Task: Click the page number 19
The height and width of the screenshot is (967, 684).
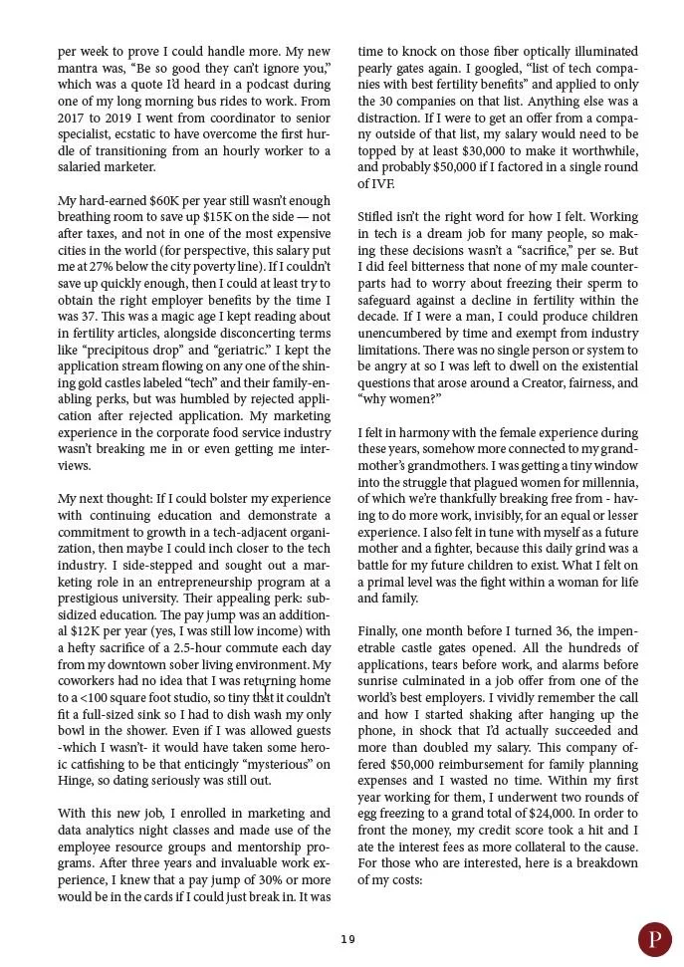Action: click(346, 939)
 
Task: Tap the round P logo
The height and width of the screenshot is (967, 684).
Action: click(654, 939)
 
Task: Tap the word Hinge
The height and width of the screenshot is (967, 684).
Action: click(77, 781)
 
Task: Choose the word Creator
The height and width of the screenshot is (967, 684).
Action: click(543, 382)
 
